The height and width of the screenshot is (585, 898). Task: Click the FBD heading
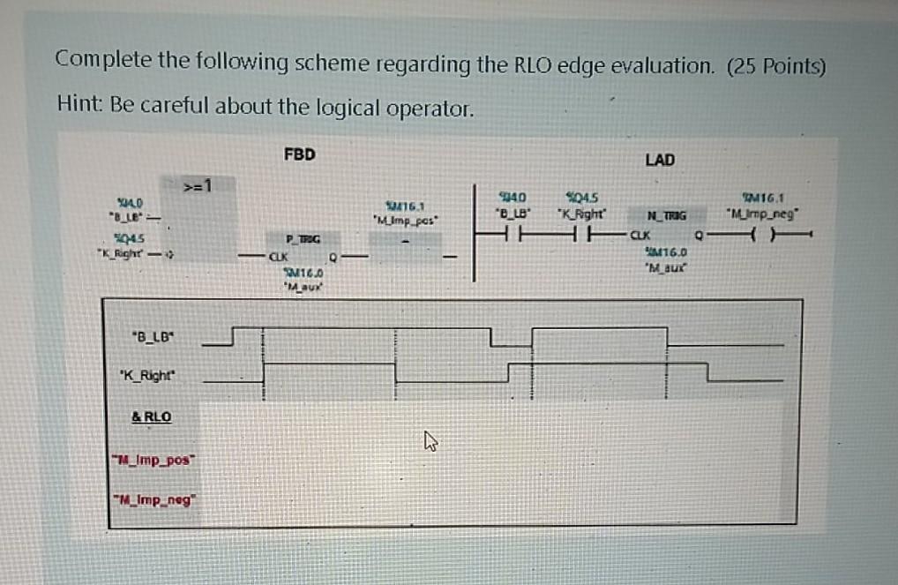(299, 154)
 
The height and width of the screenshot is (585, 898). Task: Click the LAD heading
(660, 160)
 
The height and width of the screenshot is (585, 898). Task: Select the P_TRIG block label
(302, 238)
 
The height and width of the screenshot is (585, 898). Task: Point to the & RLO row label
(152, 416)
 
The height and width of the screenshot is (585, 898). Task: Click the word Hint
(79, 107)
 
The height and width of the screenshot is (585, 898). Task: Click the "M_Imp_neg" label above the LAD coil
(760, 213)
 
